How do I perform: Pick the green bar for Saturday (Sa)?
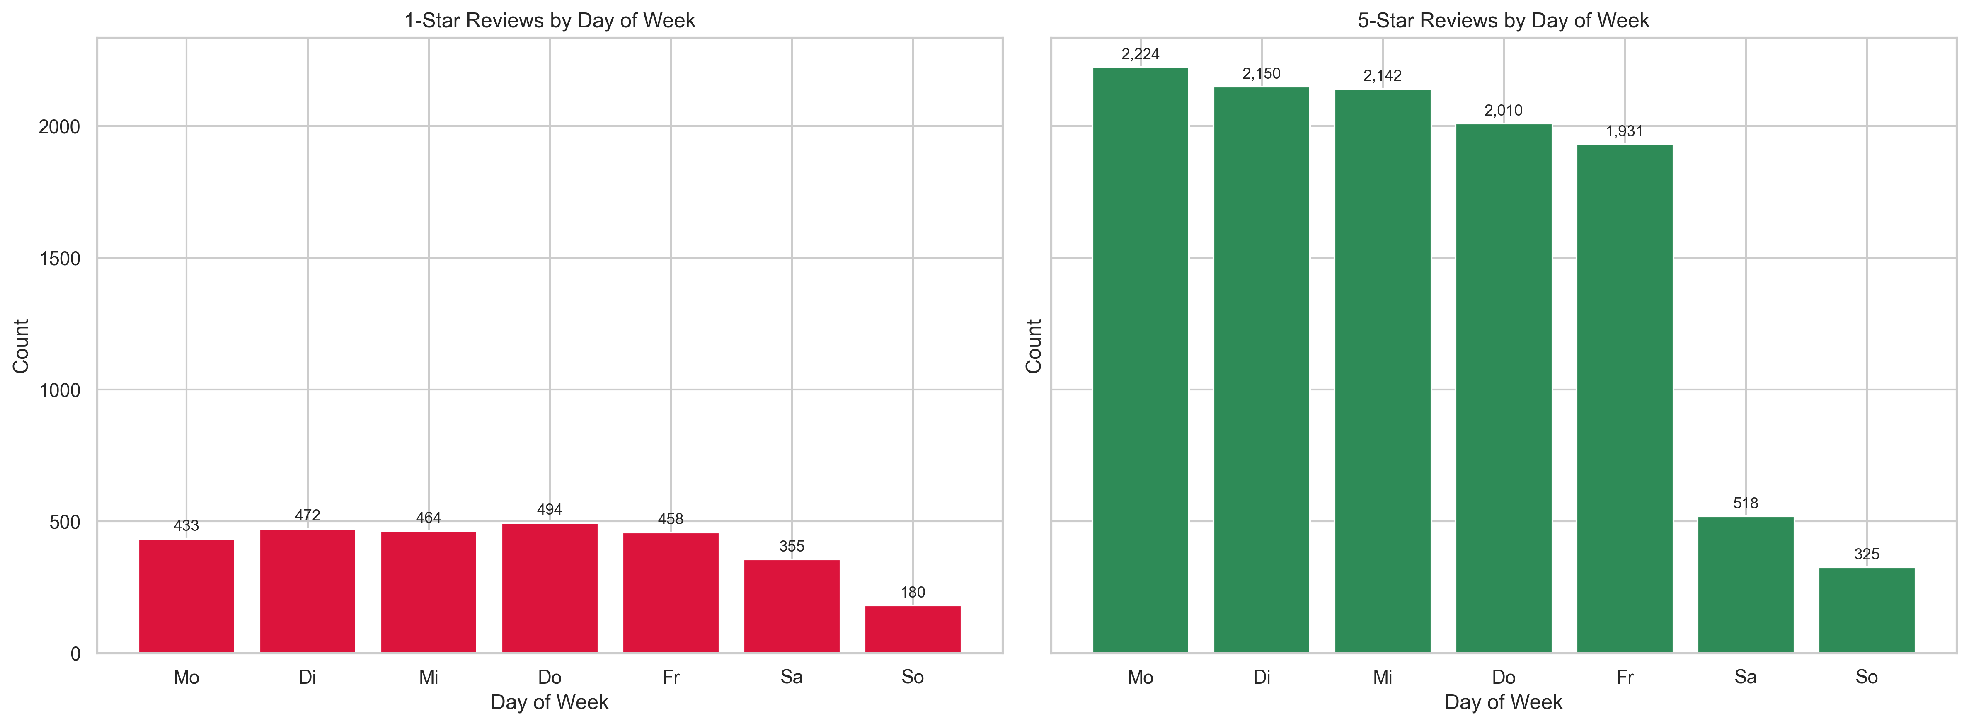[1746, 585]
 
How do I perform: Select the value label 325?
[1867, 554]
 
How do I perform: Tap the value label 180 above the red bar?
[913, 592]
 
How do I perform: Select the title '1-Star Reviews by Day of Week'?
[550, 21]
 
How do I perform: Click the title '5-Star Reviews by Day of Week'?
[1504, 21]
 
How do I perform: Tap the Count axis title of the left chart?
[21, 346]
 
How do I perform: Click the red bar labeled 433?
[186, 596]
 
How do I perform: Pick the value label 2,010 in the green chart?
[1504, 111]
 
